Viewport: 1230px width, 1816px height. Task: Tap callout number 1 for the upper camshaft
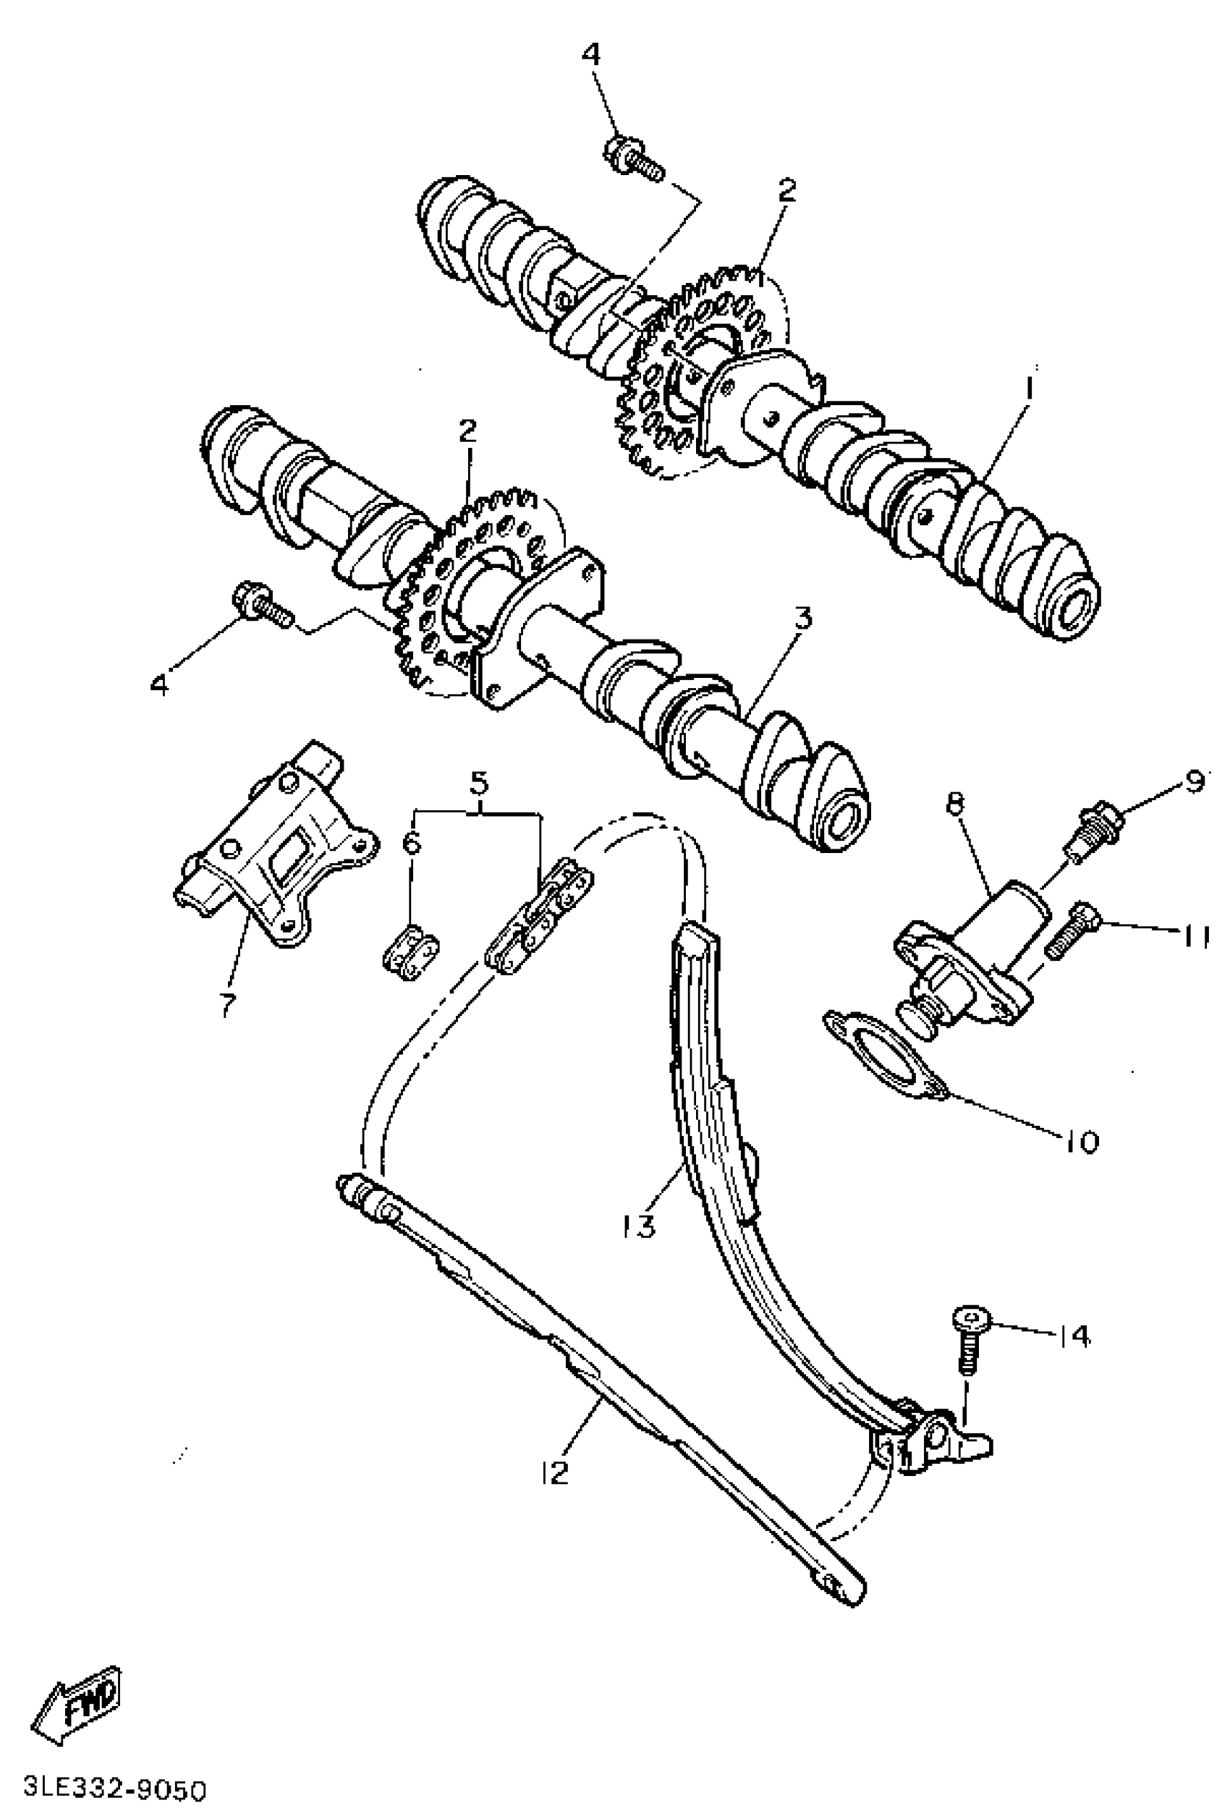pyautogui.click(x=1029, y=389)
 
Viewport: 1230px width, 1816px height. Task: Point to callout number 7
pyautogui.click(x=226, y=1007)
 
